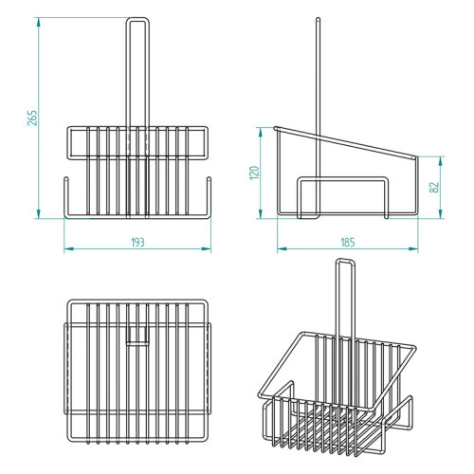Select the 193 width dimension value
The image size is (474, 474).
137,243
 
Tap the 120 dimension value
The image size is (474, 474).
254,173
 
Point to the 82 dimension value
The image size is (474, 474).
434,187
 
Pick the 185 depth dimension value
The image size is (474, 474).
347,243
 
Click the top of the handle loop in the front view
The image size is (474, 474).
137,18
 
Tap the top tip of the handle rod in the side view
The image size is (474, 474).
316,19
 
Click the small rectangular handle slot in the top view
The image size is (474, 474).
137,338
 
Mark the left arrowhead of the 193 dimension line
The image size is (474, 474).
66,249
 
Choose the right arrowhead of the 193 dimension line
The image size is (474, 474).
209,249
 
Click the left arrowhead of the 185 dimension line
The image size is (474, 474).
279,249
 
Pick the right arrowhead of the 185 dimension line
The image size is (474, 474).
418,249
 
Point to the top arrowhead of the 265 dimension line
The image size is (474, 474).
39,19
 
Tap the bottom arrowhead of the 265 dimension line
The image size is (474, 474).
39,215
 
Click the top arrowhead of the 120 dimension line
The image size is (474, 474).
261,130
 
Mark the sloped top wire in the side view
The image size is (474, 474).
346,140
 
